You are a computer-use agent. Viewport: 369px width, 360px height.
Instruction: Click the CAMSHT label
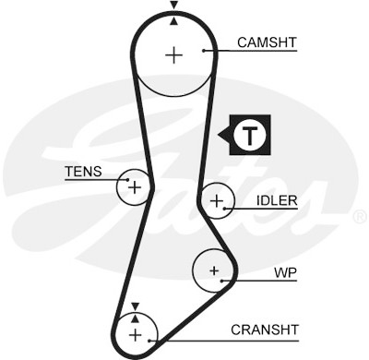(267, 42)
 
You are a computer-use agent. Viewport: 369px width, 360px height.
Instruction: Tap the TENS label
(83, 172)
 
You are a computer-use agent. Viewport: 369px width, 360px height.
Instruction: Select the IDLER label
(277, 200)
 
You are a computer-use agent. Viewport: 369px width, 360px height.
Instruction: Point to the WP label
(285, 272)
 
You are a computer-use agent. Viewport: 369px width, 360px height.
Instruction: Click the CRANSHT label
(265, 330)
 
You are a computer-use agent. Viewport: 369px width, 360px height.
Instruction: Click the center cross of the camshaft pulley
(174, 55)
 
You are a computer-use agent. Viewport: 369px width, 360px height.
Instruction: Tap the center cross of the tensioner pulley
(135, 187)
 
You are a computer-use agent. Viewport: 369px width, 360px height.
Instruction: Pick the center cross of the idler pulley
(217, 201)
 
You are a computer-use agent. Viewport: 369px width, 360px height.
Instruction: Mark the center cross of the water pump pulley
(214, 270)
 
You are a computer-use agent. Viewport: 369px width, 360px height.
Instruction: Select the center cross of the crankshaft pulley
(136, 335)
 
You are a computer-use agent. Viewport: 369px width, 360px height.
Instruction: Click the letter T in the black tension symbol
(250, 136)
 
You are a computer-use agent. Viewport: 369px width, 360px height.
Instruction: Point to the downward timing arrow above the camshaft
(174, 5)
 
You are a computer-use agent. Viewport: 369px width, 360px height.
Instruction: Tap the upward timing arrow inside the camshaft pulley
(174, 21)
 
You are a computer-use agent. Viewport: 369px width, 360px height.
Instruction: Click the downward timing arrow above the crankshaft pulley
(135, 306)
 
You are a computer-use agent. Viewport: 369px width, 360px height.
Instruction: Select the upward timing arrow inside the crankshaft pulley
(135, 318)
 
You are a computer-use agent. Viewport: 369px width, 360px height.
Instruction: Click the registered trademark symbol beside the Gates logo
(361, 217)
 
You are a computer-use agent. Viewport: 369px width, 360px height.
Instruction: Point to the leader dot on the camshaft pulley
(204, 51)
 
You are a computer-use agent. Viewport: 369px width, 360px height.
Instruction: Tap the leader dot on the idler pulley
(225, 209)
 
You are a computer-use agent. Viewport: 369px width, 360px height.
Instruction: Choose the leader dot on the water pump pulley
(222, 281)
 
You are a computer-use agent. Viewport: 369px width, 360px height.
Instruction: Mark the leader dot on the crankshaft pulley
(149, 341)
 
